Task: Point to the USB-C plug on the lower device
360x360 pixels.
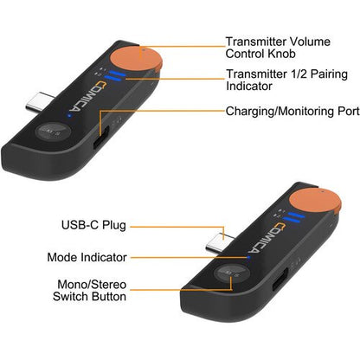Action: click(219, 242)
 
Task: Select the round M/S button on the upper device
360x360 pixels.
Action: click(53, 132)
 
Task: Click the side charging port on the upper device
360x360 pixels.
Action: click(100, 138)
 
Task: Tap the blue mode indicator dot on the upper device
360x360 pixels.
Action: click(69, 116)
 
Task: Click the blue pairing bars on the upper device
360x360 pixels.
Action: click(115, 76)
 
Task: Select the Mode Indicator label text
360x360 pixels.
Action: click(87, 257)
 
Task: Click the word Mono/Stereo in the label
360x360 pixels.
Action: click(92, 285)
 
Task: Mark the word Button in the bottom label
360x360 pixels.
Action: click(109, 297)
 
